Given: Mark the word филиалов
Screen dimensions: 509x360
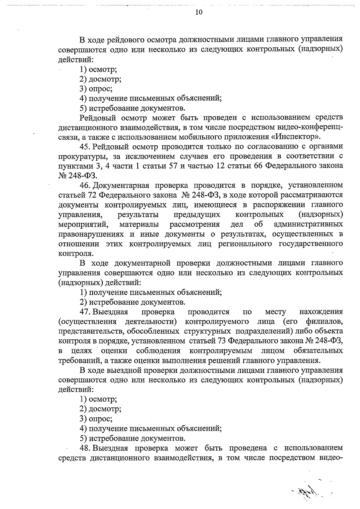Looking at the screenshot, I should (x=324, y=322).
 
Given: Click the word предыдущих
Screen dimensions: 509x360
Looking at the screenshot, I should (x=197, y=215).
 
